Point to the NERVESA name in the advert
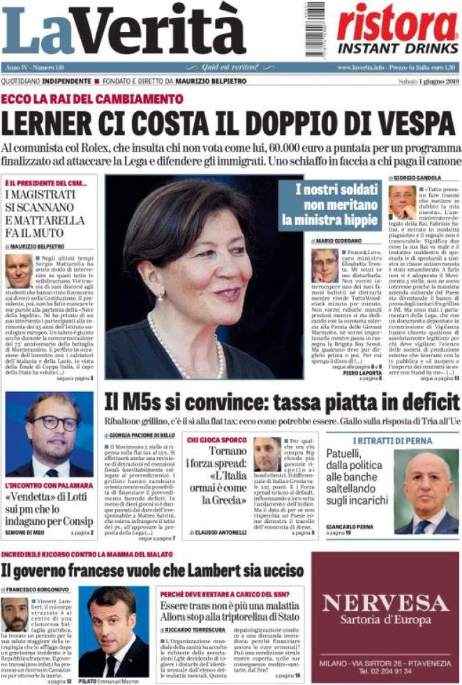point(385,603)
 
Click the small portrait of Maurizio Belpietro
point(18,272)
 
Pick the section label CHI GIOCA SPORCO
point(216,440)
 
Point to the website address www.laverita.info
point(362,67)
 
